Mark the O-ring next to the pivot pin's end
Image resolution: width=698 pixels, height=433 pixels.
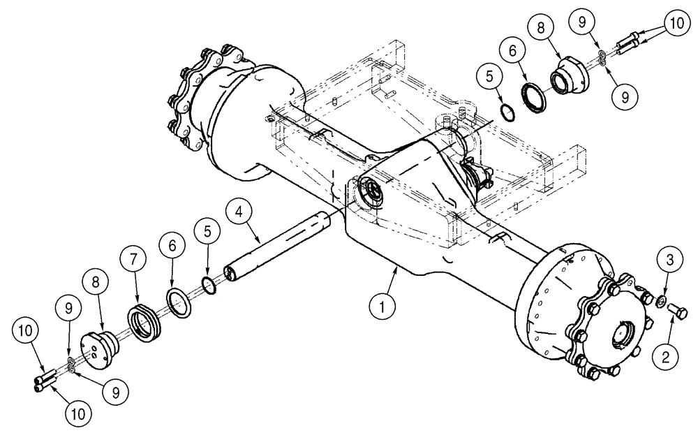[x=207, y=284]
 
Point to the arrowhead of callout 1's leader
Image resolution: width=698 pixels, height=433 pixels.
[x=398, y=266]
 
